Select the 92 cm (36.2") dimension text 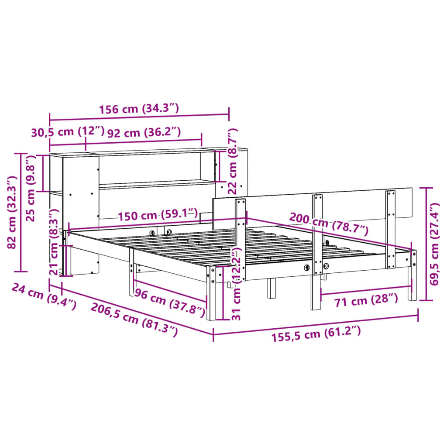144,132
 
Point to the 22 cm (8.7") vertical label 233,161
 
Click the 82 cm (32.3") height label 13,212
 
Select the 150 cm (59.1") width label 157,215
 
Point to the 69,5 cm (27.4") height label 434,244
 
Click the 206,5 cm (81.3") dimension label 134,320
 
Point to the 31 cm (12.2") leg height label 236,283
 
